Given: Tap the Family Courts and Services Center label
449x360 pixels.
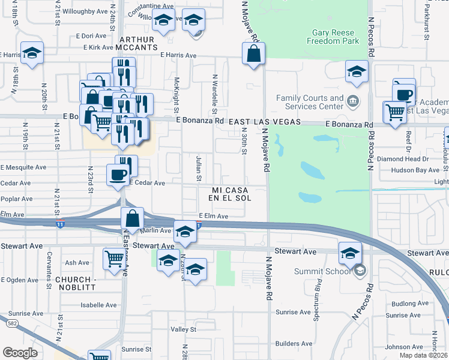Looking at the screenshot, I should coord(310,102).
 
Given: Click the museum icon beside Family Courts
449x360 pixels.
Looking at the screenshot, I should coord(354,100).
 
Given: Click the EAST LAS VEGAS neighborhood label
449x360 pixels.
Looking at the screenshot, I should coord(264,121).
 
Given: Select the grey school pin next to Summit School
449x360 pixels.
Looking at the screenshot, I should coord(360,271).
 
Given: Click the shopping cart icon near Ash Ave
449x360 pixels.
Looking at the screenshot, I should coord(113,259).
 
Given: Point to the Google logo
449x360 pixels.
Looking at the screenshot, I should coord(20,353).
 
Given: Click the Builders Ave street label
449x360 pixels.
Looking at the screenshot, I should coord(294,344).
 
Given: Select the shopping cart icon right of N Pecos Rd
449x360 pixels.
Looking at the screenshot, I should coord(394,112).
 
